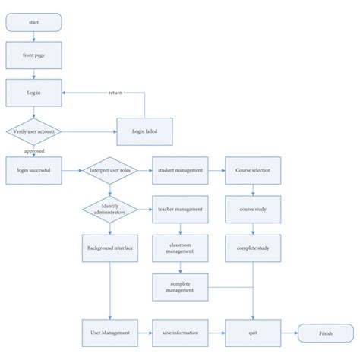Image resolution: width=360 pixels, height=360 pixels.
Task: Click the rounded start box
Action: pos(33,24)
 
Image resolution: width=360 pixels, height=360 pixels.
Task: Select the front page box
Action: pos(33,55)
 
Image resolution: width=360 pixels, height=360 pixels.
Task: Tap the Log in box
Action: pos(33,92)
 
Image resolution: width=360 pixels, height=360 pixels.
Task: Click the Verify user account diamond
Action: pos(33,131)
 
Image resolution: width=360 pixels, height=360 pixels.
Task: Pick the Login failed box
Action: pos(144,131)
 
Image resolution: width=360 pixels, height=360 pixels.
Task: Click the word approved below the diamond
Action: pos(34,150)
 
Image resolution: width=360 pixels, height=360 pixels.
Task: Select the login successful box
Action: pos(33,170)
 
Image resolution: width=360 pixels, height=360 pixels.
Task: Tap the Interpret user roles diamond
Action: pos(109,170)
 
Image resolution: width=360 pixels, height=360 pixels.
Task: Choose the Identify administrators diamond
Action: pos(109,209)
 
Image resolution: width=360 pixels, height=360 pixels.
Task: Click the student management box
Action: pos(180,170)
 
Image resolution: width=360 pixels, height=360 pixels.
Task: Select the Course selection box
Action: pos(252,170)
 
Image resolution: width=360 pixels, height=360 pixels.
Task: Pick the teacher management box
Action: pos(180,209)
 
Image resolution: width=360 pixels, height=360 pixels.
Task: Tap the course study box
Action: pos(252,209)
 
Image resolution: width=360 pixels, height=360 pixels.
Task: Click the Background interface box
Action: pos(109,248)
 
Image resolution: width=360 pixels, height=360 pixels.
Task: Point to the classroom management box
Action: pos(180,248)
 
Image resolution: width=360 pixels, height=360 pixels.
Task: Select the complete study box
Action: pos(252,248)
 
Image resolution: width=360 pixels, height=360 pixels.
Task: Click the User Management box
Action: pos(109,333)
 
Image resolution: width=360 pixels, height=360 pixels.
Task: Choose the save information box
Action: pos(180,333)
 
